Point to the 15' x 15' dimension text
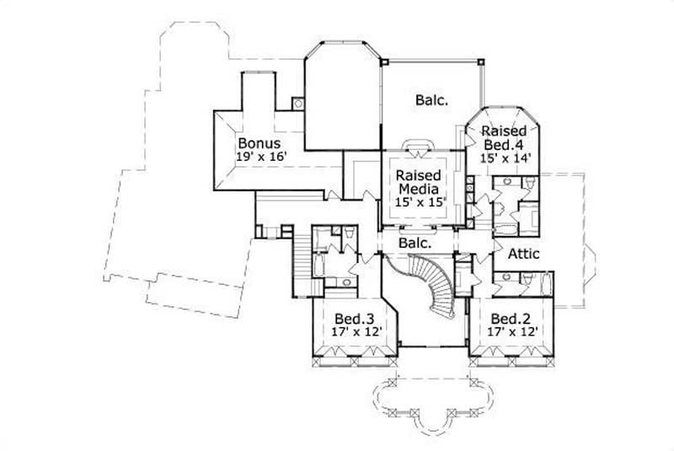click(x=420, y=201)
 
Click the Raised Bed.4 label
click(x=504, y=138)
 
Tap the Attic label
click(x=523, y=253)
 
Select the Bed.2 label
click(x=510, y=319)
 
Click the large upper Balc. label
click(x=431, y=100)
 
